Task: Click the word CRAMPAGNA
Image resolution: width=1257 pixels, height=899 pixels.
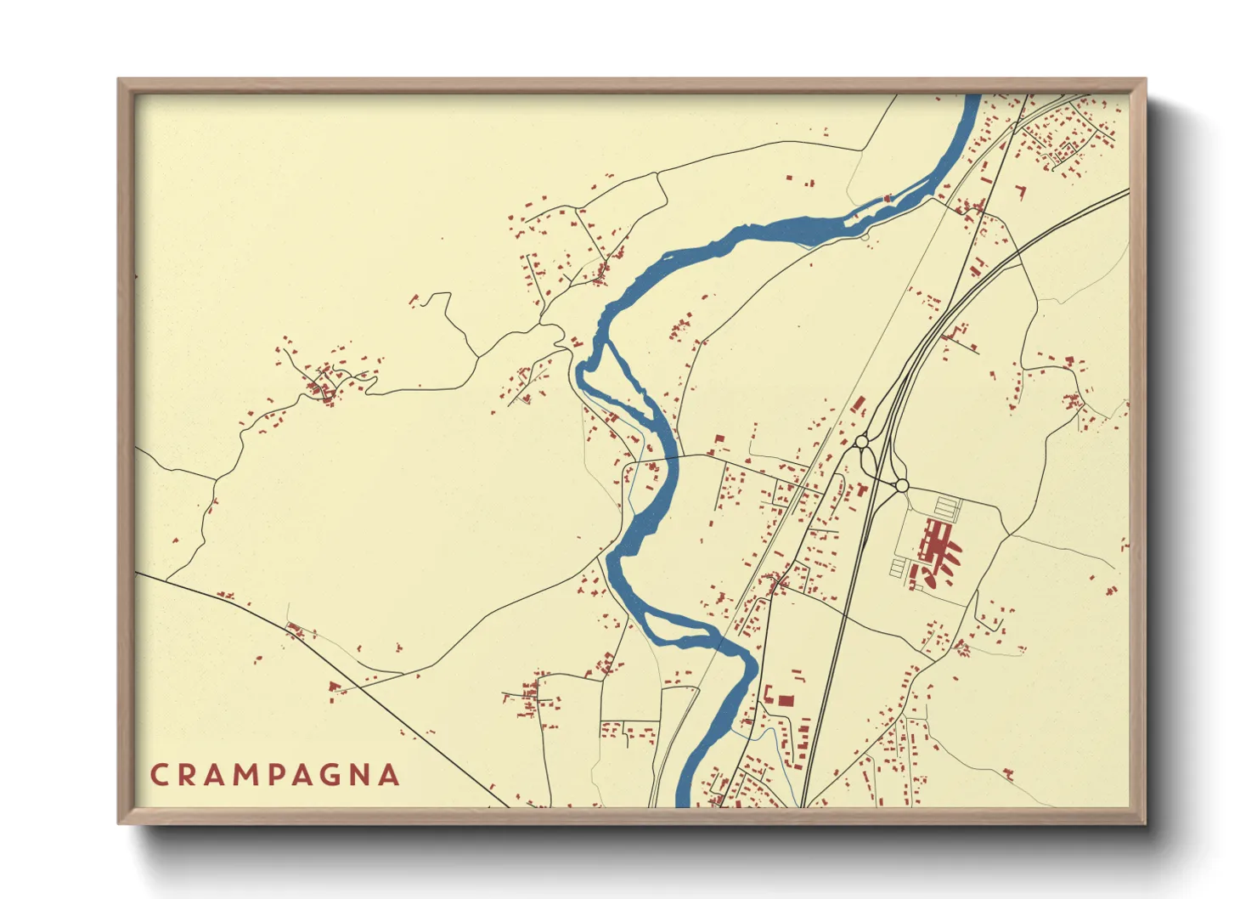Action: point(274,775)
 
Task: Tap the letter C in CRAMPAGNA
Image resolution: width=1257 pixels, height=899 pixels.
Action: point(159,775)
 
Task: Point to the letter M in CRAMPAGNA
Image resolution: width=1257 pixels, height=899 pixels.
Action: point(242,775)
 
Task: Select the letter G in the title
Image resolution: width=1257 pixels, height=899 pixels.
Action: point(331,775)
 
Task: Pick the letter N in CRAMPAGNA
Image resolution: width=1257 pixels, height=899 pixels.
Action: point(360,775)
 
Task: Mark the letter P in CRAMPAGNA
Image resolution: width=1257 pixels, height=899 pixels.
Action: point(273,775)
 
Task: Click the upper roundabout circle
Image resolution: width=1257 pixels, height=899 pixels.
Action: point(861,442)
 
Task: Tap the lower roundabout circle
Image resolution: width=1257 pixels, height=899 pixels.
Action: point(902,485)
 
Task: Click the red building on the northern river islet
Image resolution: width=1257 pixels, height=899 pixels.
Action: point(888,198)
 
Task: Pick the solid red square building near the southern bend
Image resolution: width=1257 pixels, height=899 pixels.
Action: point(786,701)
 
